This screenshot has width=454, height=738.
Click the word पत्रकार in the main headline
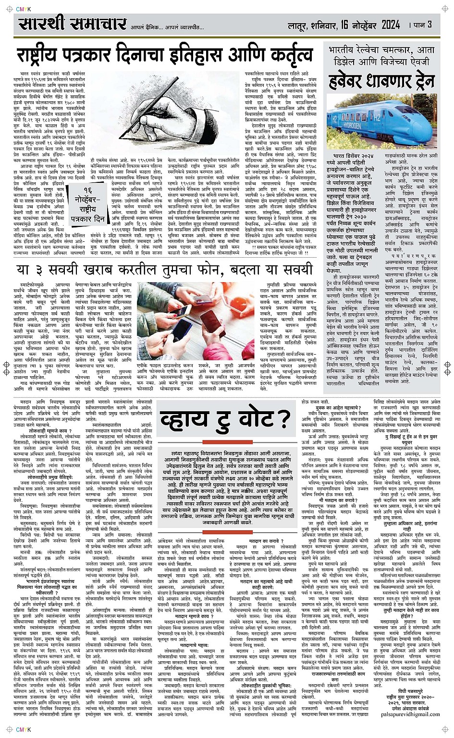click(x=105, y=55)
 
